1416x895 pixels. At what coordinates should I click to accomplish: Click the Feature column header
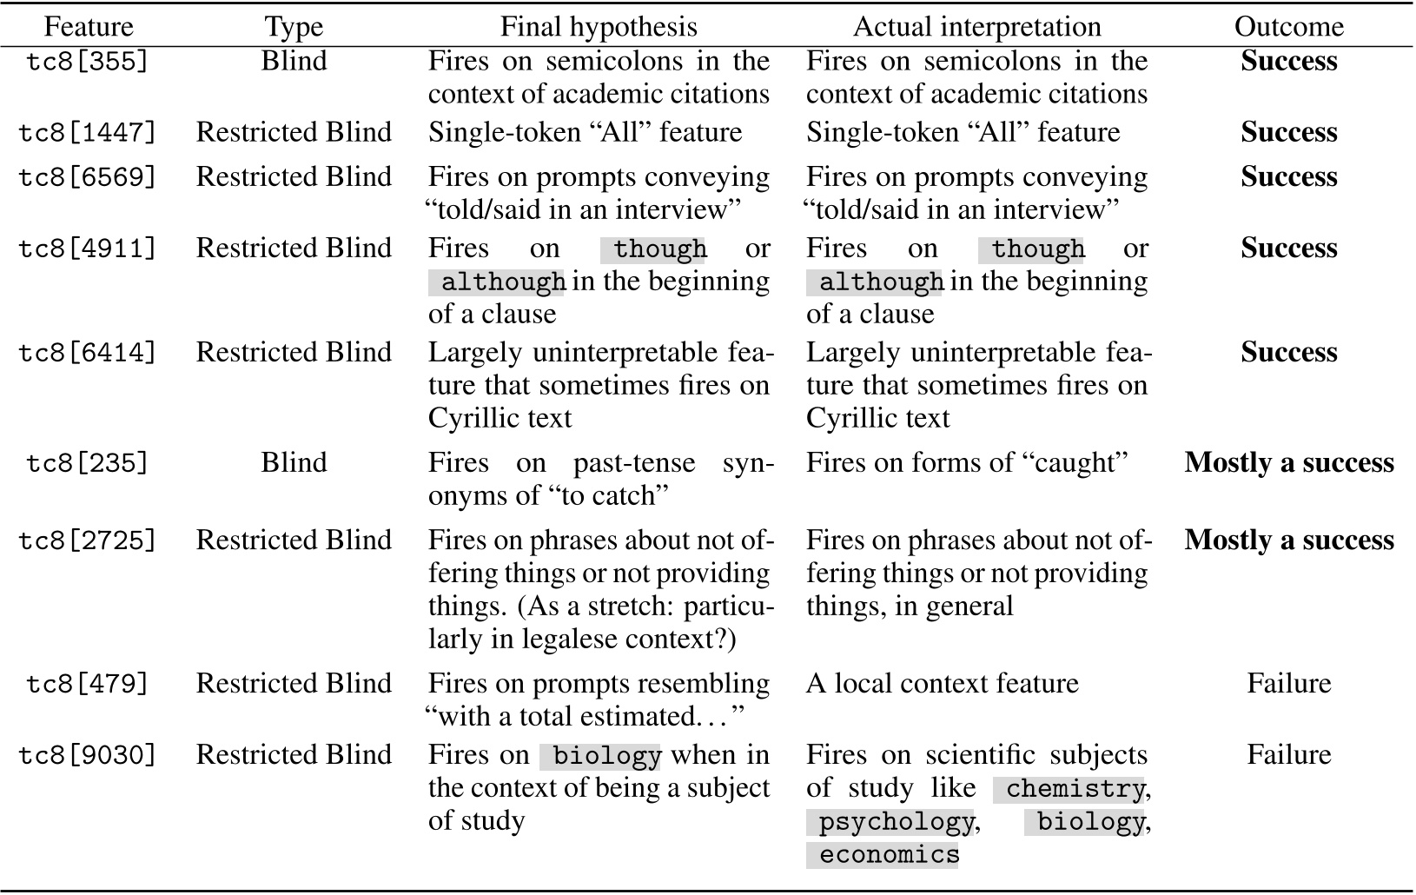click(x=89, y=27)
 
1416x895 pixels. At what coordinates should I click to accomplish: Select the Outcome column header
click(x=1288, y=27)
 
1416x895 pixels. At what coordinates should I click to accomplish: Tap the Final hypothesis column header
click(x=599, y=27)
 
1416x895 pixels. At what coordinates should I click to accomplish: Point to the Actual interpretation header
click(x=976, y=27)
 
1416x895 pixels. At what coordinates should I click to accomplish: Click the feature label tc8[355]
click(x=89, y=63)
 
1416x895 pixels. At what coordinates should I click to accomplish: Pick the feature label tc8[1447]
click(x=89, y=133)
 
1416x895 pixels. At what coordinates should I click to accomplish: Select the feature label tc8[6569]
click(x=89, y=177)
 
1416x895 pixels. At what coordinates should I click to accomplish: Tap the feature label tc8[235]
click(x=89, y=463)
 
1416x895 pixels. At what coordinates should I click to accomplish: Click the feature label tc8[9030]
click(x=89, y=755)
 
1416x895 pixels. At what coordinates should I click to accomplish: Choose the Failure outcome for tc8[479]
click(x=1288, y=684)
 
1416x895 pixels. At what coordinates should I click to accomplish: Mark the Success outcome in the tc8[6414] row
click(x=1288, y=353)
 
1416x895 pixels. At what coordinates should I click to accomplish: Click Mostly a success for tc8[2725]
click(x=1288, y=540)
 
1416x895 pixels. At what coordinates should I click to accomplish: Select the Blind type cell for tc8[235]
click(x=294, y=463)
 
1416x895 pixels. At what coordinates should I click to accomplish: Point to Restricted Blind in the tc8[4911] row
click(x=294, y=249)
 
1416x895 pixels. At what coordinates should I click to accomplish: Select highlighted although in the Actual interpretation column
click(x=880, y=282)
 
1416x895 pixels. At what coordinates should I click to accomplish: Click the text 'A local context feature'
click(x=942, y=684)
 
